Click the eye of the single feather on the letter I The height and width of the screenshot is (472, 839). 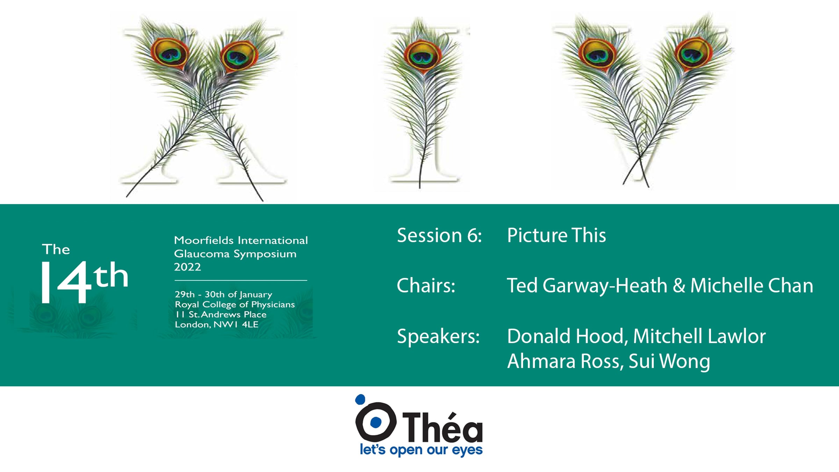423,56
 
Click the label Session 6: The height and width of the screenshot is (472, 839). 439,235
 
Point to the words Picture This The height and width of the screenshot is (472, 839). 556,235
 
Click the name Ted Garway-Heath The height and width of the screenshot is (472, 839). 587,286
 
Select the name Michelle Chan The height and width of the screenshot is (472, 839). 752,285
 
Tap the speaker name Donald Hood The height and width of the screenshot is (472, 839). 565,336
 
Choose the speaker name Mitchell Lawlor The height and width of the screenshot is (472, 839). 699,336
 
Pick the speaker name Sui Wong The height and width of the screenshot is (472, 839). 669,362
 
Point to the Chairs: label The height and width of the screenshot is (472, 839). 426,285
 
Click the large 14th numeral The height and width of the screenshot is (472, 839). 85,282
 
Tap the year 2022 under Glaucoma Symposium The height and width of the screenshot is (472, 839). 187,267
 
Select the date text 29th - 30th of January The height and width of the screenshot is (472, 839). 223,295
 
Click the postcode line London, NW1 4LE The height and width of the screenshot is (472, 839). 216,324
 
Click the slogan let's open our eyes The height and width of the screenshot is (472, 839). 421,450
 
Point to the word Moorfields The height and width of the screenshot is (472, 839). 204,240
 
